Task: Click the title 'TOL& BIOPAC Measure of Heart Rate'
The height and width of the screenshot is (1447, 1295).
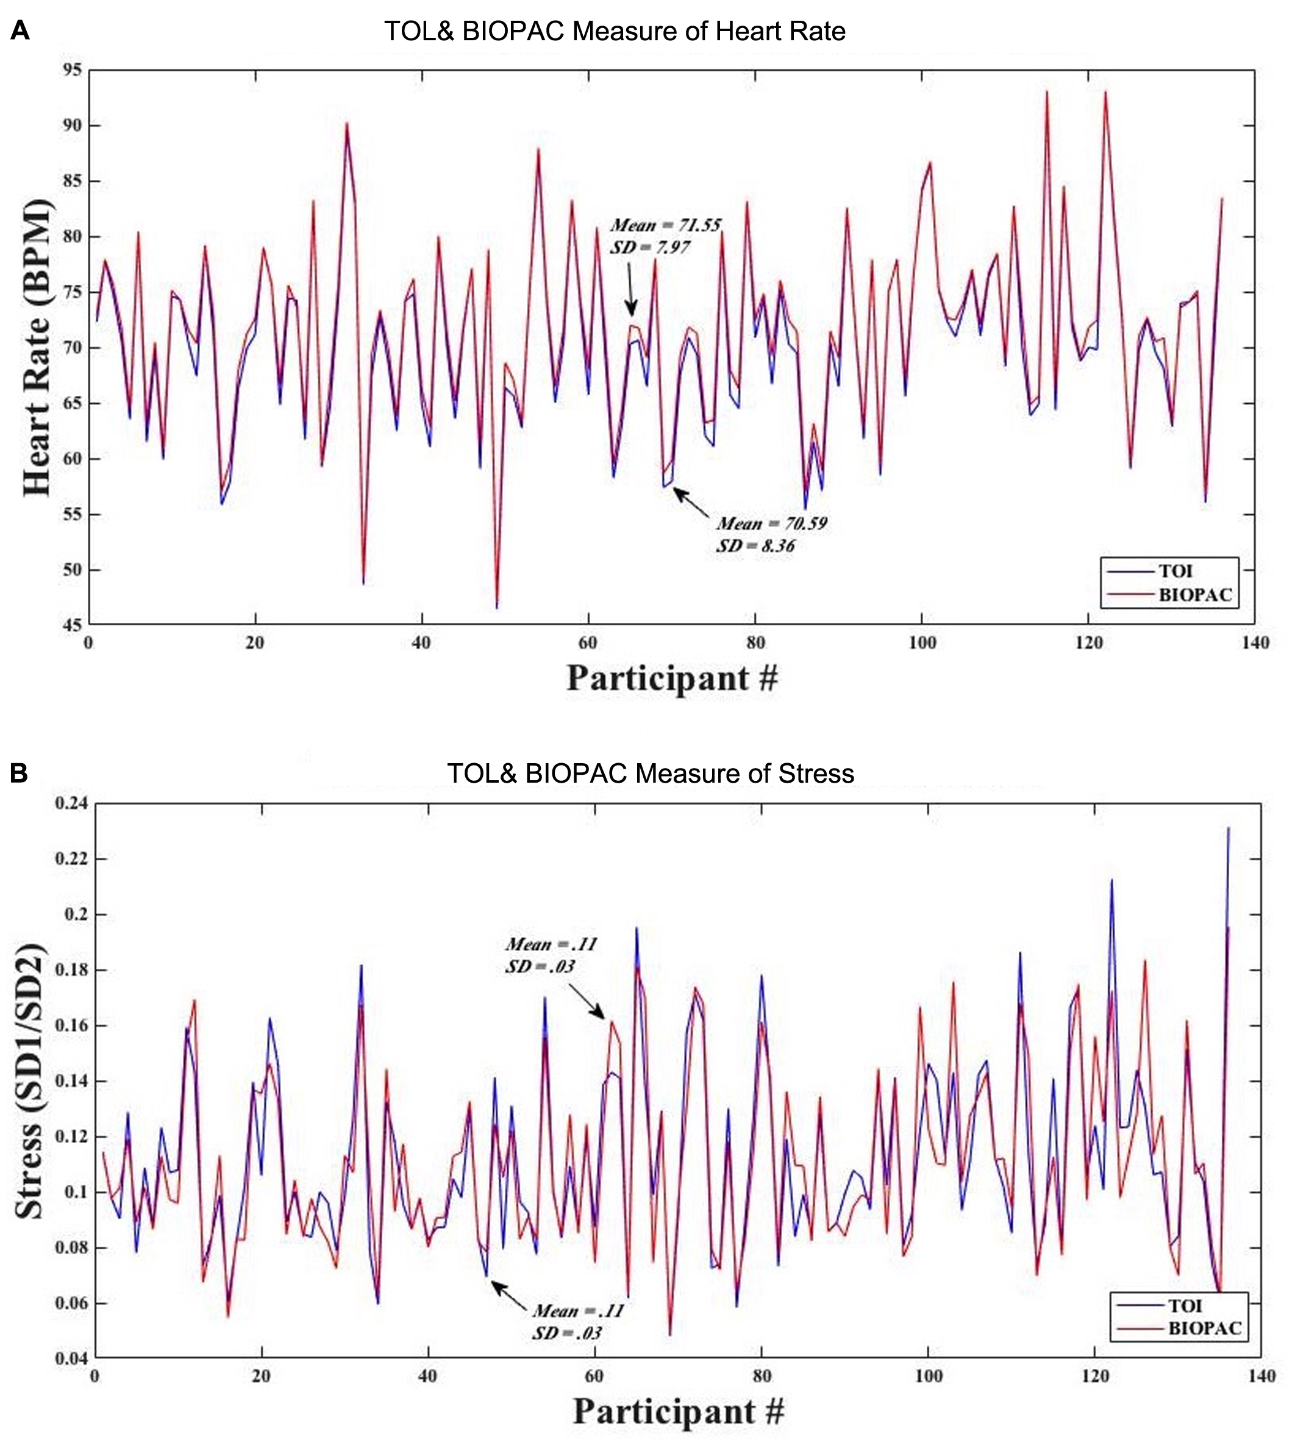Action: (x=615, y=31)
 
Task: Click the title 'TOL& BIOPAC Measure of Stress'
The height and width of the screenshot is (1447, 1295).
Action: (x=651, y=773)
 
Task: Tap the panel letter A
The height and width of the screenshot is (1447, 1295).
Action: (x=20, y=31)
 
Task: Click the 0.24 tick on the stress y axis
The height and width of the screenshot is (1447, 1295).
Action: (x=71, y=803)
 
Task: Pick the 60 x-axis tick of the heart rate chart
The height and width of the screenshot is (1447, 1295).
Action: (x=588, y=643)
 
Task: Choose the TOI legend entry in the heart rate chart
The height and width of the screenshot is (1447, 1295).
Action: (x=1170, y=571)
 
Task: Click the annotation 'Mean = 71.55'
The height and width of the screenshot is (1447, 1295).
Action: (x=665, y=226)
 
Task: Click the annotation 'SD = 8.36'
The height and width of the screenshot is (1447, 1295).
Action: (x=755, y=546)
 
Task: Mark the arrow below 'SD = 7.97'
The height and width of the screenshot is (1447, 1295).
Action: (x=630, y=294)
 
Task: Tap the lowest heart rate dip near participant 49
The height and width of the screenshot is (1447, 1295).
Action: (x=497, y=606)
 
